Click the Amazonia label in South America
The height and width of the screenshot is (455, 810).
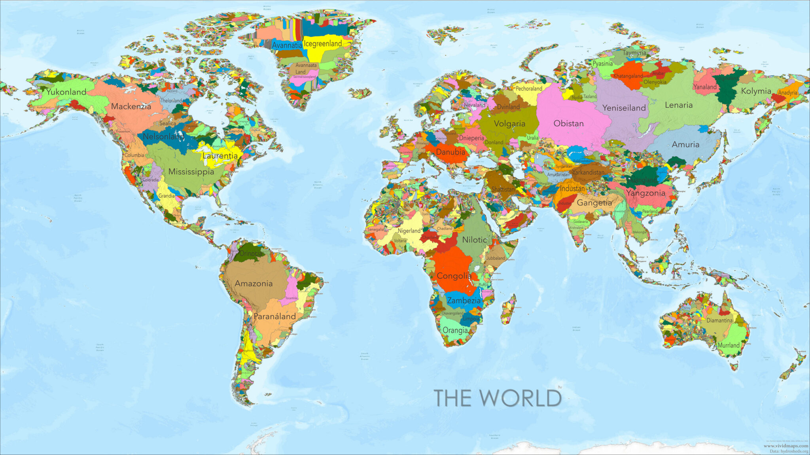tap(254, 284)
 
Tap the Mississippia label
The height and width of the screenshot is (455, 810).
tap(191, 172)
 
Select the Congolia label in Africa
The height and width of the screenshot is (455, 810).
tap(454, 276)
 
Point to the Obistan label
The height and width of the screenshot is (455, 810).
tap(568, 124)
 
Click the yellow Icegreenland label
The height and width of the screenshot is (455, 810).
tap(323, 44)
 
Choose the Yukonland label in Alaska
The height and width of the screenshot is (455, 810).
tap(66, 92)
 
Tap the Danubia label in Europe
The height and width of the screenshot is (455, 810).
tap(450, 152)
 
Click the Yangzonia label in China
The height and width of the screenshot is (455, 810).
tap(645, 193)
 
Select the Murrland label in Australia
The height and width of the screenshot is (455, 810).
tap(729, 345)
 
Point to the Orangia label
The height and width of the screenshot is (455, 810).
tap(455, 330)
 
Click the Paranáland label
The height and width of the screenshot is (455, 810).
tap(274, 316)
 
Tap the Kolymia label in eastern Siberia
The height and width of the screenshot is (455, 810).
tap(756, 91)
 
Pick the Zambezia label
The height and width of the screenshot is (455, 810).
tap(464, 301)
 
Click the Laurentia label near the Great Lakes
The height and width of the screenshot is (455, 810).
tap(220, 156)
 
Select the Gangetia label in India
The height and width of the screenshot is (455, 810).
tap(594, 203)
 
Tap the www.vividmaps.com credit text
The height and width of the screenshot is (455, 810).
tap(785, 446)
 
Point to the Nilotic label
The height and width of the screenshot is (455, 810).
tap(474, 240)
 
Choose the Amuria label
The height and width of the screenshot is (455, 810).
tap(685, 145)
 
